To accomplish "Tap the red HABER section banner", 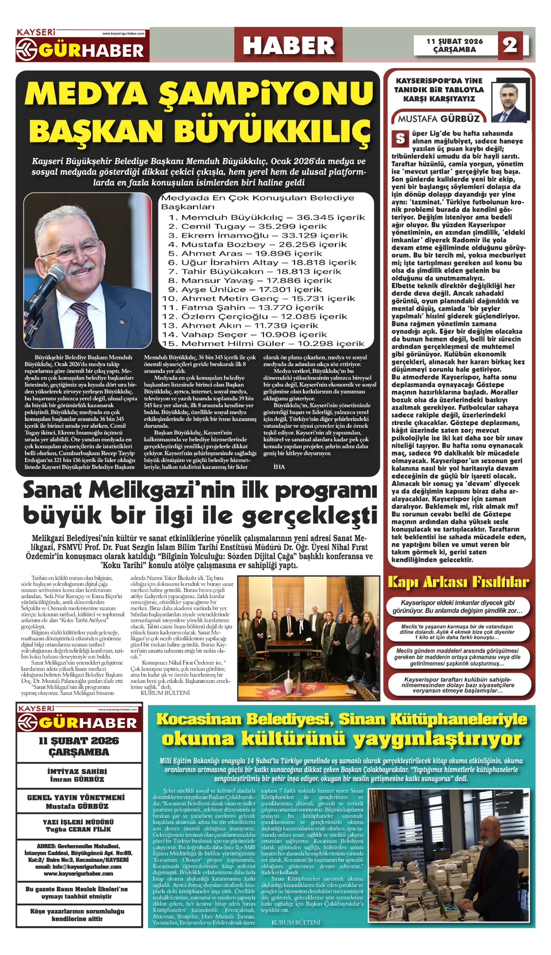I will (288, 45).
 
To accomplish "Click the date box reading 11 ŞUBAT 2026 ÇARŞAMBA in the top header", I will (455, 45).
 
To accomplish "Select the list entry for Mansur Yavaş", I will (251, 281).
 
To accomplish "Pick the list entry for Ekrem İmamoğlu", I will (258, 236).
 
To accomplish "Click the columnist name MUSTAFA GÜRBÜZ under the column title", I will (439, 119).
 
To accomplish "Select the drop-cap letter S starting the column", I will (400, 139).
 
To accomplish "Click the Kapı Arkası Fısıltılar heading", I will (458, 582).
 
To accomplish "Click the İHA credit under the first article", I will (279, 467).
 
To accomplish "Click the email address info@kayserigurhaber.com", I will (78, 867).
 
